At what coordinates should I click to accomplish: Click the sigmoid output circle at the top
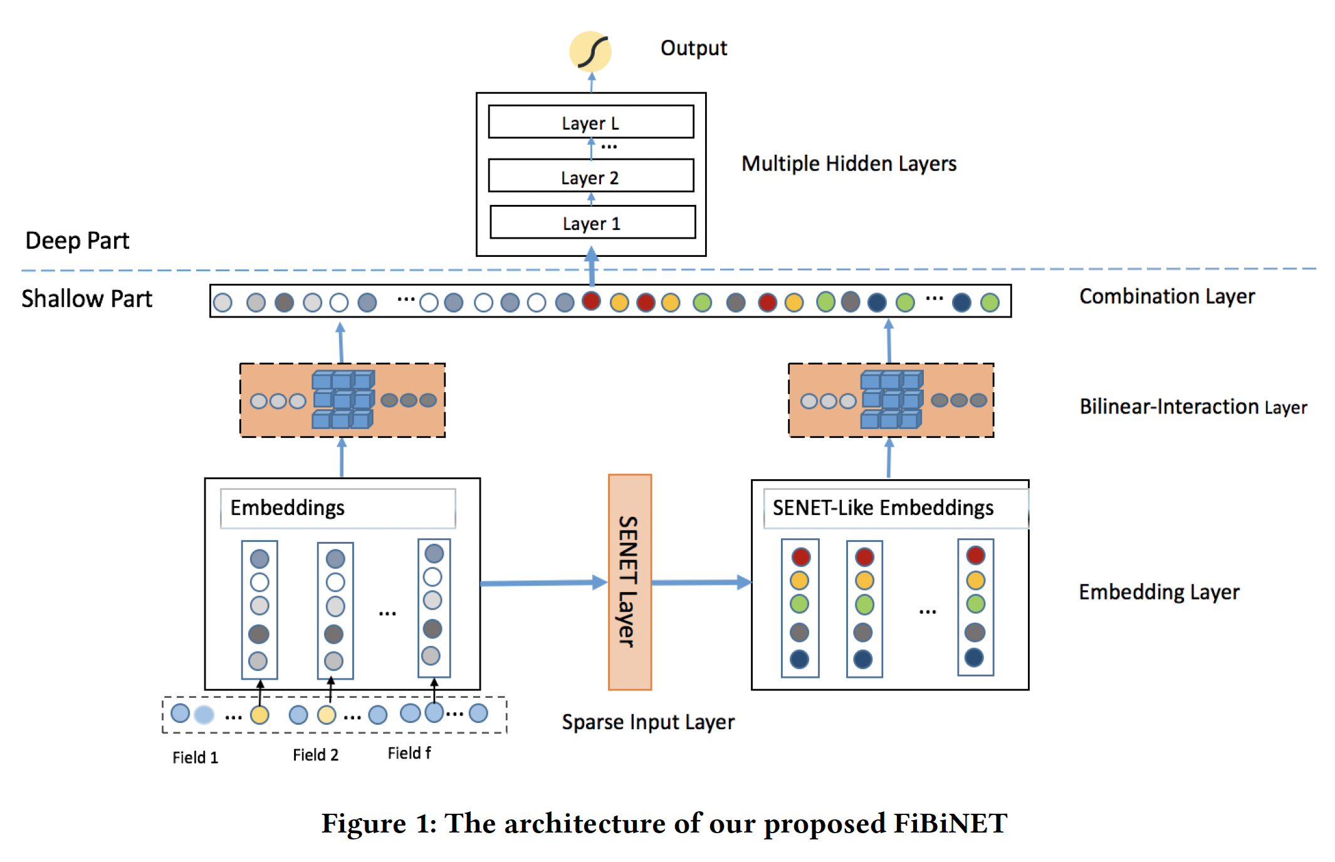pos(590,51)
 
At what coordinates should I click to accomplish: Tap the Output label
pos(693,48)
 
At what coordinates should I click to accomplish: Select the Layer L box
pos(590,122)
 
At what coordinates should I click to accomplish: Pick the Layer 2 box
pos(590,177)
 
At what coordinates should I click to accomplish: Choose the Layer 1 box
pos(592,223)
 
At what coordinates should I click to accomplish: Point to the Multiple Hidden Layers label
pos(849,164)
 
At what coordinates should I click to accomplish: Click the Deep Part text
pos(77,241)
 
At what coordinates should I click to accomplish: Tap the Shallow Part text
pos(86,299)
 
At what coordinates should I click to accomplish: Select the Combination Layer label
pos(1166,296)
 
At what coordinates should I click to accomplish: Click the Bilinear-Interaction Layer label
pos(1193,407)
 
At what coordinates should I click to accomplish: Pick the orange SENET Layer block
pos(629,582)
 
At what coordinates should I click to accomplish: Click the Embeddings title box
pos(337,508)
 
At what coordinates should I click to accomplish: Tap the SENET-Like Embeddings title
pos(882,508)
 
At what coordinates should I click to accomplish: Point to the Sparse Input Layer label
pos(647,722)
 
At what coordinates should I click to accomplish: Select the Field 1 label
pos(195,757)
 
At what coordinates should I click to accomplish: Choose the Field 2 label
pos(315,755)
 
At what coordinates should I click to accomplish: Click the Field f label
pos(409,753)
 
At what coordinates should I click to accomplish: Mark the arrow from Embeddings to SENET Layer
pos(543,583)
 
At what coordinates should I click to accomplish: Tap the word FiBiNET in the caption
pos(950,823)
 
